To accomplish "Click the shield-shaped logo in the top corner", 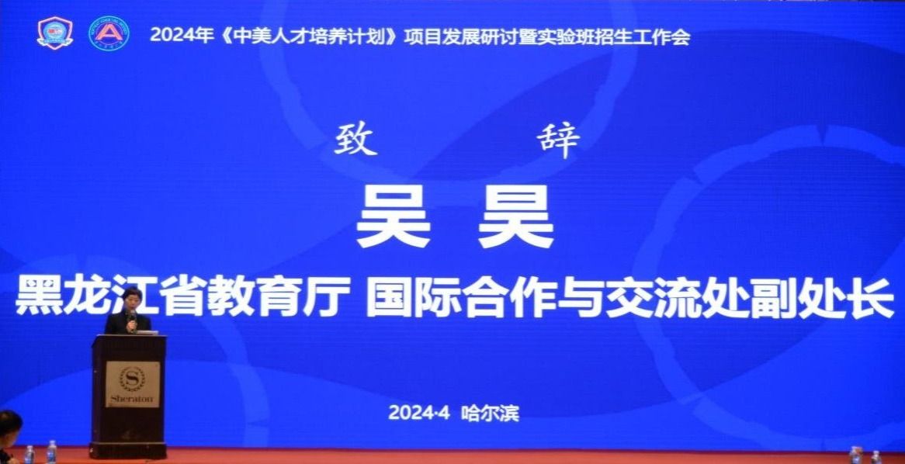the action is click(55, 33).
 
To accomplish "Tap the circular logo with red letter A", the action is click(109, 33).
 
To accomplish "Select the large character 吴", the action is click(394, 216).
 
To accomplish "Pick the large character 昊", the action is click(515, 216).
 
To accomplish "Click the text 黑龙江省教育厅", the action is click(182, 296).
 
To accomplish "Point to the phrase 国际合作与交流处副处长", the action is click(629, 296).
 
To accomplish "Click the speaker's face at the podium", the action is click(132, 301).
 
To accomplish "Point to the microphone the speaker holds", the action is click(132, 319).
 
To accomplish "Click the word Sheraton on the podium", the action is click(132, 399).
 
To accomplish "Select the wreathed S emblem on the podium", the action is click(132, 378).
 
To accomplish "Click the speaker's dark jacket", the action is click(127, 323).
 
